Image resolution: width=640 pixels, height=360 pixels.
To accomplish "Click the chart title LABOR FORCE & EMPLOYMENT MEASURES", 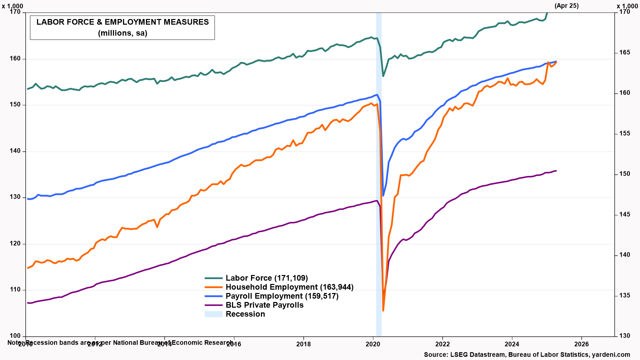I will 122,22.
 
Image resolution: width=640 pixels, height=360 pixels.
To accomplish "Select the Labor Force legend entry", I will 266,278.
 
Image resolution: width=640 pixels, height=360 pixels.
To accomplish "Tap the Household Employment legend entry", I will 289,287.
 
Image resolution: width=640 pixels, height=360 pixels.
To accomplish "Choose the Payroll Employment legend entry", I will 282,296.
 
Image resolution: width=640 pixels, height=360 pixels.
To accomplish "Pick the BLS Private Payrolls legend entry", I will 264,305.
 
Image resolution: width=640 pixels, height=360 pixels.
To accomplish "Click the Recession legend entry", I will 245,314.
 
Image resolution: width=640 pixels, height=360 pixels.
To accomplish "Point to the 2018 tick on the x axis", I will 303,344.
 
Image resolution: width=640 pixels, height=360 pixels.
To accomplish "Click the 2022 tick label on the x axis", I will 442,344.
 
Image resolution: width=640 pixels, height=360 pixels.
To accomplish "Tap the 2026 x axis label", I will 581,344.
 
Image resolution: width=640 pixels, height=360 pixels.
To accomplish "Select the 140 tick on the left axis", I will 15,151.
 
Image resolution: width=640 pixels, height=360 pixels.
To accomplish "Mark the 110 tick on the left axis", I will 15,290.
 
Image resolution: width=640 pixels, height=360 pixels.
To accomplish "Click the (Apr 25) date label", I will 566,6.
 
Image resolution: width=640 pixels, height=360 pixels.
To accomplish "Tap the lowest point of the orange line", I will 383,311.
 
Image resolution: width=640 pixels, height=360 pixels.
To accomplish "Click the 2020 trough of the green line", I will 383,76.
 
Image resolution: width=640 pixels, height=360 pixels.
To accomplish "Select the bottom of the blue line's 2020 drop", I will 383,196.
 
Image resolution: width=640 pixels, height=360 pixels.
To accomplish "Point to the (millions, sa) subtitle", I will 122,33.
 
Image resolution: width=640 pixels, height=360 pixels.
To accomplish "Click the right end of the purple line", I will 556,171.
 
